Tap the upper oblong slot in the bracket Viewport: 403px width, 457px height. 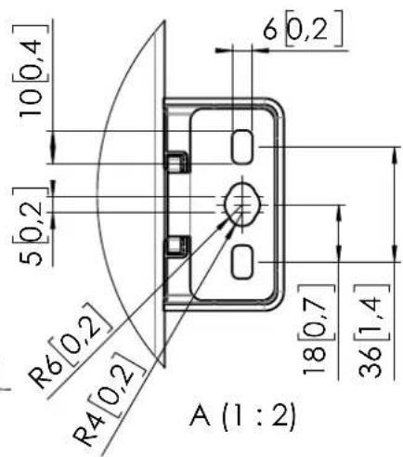241,145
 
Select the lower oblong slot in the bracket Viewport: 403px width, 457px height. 241,262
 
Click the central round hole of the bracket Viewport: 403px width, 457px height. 241,200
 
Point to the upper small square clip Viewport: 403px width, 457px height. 175,163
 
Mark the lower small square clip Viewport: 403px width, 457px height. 175,246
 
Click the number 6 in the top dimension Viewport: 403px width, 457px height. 270,30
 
